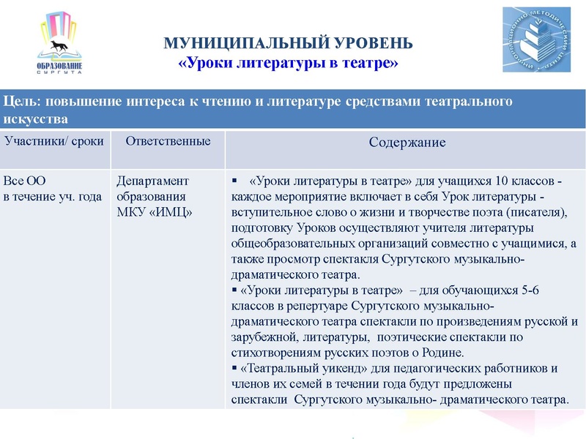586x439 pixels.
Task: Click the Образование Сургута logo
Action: tap(59, 45)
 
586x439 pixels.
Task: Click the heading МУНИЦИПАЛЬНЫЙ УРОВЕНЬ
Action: tap(289, 44)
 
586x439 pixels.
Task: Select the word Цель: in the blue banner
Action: tap(23, 102)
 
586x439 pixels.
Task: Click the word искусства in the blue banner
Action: tap(37, 118)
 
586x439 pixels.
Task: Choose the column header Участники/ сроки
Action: tap(54, 140)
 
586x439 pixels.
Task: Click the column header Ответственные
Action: tap(168, 140)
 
